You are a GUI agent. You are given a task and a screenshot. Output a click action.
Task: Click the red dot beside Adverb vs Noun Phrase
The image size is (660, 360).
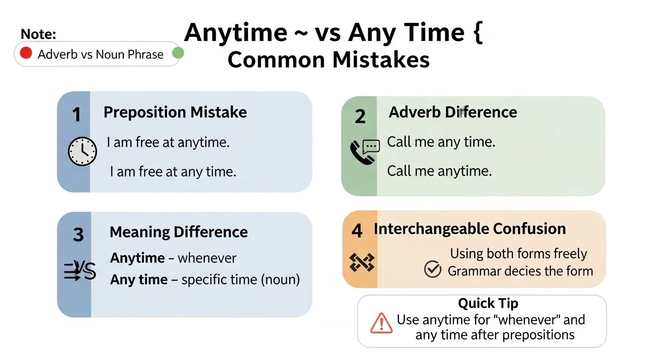[26, 53]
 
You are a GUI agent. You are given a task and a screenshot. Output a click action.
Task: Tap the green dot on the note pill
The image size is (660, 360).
[178, 53]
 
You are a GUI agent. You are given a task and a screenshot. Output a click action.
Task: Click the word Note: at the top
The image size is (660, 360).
[38, 34]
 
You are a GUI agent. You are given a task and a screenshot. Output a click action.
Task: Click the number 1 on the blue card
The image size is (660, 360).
[76, 114]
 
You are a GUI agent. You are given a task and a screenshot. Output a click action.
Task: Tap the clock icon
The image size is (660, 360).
[82, 151]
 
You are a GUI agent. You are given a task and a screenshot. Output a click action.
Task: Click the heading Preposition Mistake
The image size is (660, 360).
[175, 112]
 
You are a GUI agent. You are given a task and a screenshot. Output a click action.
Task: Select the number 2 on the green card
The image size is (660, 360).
[360, 116]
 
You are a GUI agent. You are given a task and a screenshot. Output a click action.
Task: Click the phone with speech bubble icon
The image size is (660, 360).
[365, 152]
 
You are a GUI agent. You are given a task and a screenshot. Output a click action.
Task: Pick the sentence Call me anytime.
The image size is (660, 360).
[439, 171]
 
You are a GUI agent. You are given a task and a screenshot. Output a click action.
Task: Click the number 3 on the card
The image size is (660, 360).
[78, 234]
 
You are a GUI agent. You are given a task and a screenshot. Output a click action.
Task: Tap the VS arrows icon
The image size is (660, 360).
[80, 270]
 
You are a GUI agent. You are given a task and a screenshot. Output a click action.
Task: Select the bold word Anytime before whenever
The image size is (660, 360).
[137, 258]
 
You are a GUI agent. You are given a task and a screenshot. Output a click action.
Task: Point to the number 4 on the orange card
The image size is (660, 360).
[357, 231]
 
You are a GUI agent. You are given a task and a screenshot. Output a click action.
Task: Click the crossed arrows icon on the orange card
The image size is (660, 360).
[362, 262]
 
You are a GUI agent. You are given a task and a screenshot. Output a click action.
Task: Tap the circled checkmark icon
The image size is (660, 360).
[433, 269]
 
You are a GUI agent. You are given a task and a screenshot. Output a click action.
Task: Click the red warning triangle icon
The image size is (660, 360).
[381, 323]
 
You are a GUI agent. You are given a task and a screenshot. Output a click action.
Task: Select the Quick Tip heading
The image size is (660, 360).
[488, 303]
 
